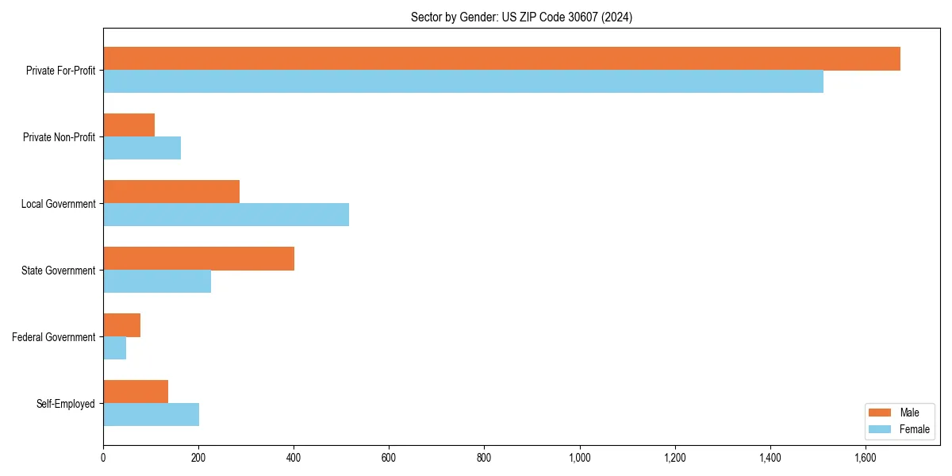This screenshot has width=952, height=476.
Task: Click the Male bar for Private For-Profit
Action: (x=501, y=59)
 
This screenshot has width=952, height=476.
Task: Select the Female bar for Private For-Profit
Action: (x=463, y=82)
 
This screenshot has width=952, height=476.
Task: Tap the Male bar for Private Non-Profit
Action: (x=129, y=125)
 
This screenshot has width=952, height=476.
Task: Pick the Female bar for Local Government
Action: (x=226, y=215)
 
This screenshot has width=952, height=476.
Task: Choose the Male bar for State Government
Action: (x=198, y=259)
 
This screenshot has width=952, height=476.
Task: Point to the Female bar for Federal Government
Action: (x=114, y=348)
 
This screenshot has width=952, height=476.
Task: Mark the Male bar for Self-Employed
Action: (x=136, y=392)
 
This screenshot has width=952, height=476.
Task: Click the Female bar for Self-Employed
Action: (x=151, y=415)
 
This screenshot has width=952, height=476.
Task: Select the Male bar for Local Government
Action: (x=171, y=192)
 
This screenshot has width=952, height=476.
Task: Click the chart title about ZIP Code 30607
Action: (x=521, y=17)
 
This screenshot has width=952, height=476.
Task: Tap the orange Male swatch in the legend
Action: (x=881, y=413)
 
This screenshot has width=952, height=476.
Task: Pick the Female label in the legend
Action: (x=914, y=429)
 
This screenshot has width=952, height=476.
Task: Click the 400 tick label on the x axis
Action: (x=294, y=458)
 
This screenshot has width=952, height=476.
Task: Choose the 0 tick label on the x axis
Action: (x=103, y=458)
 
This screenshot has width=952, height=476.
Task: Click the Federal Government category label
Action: (x=53, y=337)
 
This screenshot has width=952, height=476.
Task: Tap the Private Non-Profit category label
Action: (x=59, y=137)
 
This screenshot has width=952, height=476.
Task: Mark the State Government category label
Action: (x=58, y=271)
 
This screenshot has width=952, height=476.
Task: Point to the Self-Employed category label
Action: (x=65, y=404)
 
